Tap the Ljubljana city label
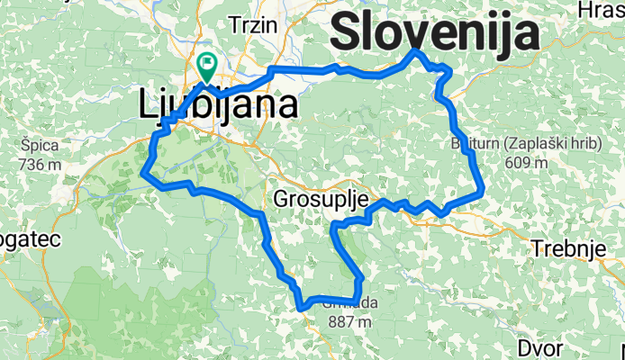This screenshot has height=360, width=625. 219,106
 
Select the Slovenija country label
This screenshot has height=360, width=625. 436,33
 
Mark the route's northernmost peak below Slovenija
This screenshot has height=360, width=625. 415,51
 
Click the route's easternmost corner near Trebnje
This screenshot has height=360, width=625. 483,188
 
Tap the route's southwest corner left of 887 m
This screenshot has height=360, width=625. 301,307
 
